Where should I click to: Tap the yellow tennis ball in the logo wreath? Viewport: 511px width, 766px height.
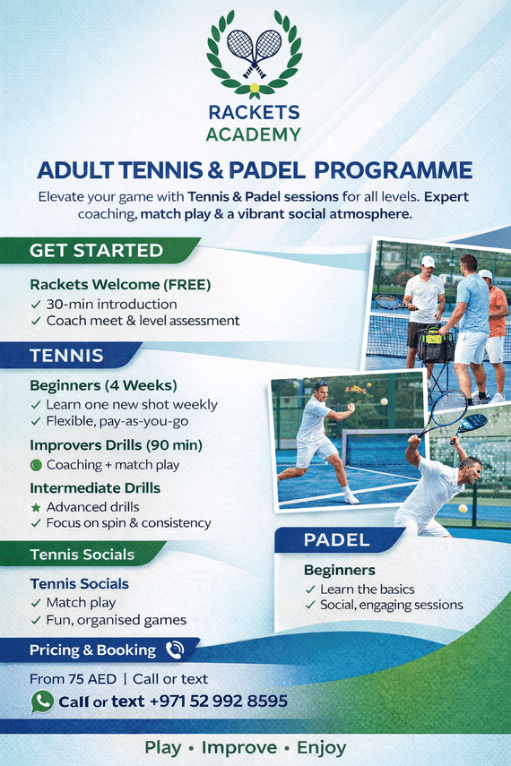tap(255, 88)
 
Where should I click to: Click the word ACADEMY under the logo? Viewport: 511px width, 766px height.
tap(254, 134)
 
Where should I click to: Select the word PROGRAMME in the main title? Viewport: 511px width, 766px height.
tap(394, 170)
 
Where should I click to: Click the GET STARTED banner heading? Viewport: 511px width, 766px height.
tap(96, 250)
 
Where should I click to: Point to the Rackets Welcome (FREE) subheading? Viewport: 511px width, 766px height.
tap(120, 284)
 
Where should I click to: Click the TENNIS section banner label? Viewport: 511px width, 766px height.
tap(66, 355)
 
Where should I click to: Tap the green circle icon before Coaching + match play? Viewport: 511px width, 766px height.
tap(36, 465)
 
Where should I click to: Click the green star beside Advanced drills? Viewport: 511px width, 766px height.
tap(36, 508)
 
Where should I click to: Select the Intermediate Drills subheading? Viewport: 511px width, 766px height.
tap(95, 488)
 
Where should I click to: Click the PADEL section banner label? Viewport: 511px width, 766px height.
tap(337, 540)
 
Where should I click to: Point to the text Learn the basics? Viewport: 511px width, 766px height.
tap(368, 590)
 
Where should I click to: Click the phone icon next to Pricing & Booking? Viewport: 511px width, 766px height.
tap(175, 650)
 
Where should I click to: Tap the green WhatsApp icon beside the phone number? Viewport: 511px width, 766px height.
tap(42, 701)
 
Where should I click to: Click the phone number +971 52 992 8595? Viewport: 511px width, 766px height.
tap(218, 701)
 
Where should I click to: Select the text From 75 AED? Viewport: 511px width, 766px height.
tap(73, 679)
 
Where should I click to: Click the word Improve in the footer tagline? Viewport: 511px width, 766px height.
tap(239, 747)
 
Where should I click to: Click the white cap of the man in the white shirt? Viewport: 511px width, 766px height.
tap(428, 262)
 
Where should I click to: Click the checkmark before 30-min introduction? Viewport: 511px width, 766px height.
tap(36, 305)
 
